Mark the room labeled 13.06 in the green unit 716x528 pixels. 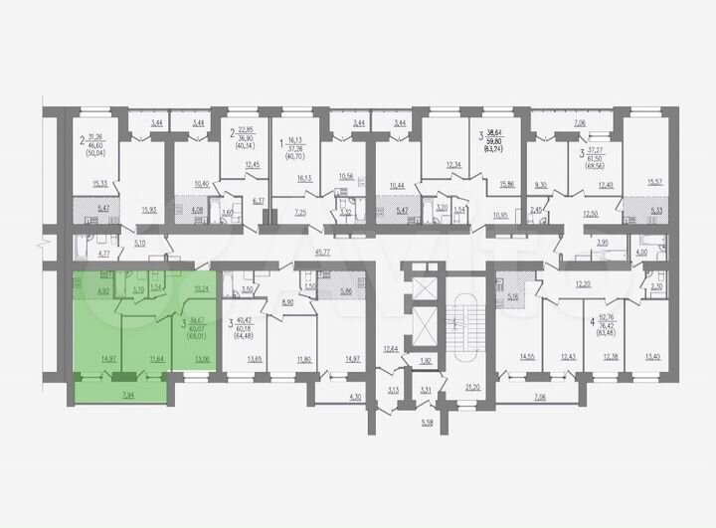click(200, 359)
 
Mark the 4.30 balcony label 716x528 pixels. click(327, 399)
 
